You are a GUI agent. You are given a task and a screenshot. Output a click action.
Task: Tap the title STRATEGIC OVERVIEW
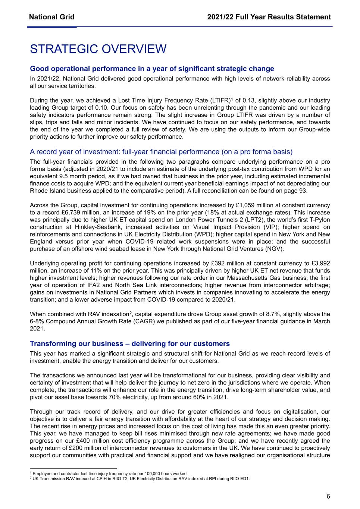(98, 49)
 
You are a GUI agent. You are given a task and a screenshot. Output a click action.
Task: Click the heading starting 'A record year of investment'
(161, 152)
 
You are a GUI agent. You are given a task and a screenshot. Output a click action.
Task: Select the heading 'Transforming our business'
(130, 343)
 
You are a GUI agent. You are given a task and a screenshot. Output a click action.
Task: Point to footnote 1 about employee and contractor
(109, 474)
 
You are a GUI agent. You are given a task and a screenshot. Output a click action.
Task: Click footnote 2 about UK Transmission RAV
(140, 479)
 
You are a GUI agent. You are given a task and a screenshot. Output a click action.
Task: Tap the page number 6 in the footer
(328, 496)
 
